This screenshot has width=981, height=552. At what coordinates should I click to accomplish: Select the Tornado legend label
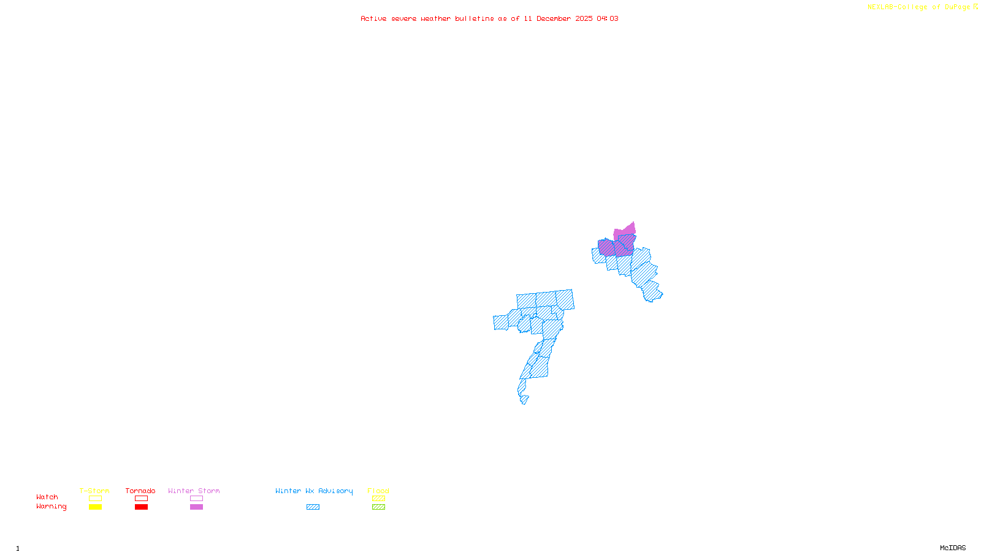140,491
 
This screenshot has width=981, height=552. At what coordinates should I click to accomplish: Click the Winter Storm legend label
194,491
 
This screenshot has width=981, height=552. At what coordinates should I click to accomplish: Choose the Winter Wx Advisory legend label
314,491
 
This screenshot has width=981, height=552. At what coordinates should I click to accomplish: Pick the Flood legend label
378,491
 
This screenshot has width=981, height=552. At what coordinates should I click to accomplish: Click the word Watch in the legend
47,497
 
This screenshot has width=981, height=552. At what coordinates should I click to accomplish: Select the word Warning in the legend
51,507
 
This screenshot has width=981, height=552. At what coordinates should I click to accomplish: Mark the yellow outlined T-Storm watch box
95,499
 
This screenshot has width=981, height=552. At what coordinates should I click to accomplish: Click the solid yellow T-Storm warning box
95,507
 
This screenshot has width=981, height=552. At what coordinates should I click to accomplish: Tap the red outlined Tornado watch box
141,499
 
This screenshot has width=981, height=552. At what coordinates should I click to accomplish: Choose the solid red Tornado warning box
141,507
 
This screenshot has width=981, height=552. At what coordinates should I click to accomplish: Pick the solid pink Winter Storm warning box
196,507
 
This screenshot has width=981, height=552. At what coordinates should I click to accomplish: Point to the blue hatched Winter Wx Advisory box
313,507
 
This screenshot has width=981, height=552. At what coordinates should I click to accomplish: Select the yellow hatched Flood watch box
378,499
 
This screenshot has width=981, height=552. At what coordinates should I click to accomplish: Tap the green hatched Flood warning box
378,507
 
